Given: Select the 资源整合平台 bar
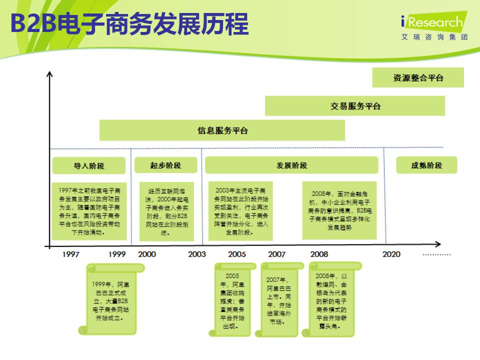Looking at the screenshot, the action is (x=418, y=77).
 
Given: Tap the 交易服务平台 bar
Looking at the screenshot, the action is (x=355, y=106).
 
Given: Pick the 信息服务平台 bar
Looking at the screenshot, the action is (x=222, y=131).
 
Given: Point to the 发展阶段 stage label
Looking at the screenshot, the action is (x=291, y=165).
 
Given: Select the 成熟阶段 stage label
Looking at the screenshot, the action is (x=426, y=165).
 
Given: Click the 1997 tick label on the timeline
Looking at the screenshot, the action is (x=70, y=254).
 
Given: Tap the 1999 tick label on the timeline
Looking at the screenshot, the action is (x=117, y=254).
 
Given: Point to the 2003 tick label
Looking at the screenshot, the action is (x=196, y=254).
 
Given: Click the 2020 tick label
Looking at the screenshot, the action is (x=391, y=254).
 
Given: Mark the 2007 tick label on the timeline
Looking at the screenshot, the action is (x=276, y=254).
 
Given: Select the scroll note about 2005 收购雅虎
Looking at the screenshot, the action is (x=232, y=300).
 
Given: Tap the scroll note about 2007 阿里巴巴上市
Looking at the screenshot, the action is (x=279, y=300).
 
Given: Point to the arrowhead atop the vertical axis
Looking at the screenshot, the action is (x=49, y=74).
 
